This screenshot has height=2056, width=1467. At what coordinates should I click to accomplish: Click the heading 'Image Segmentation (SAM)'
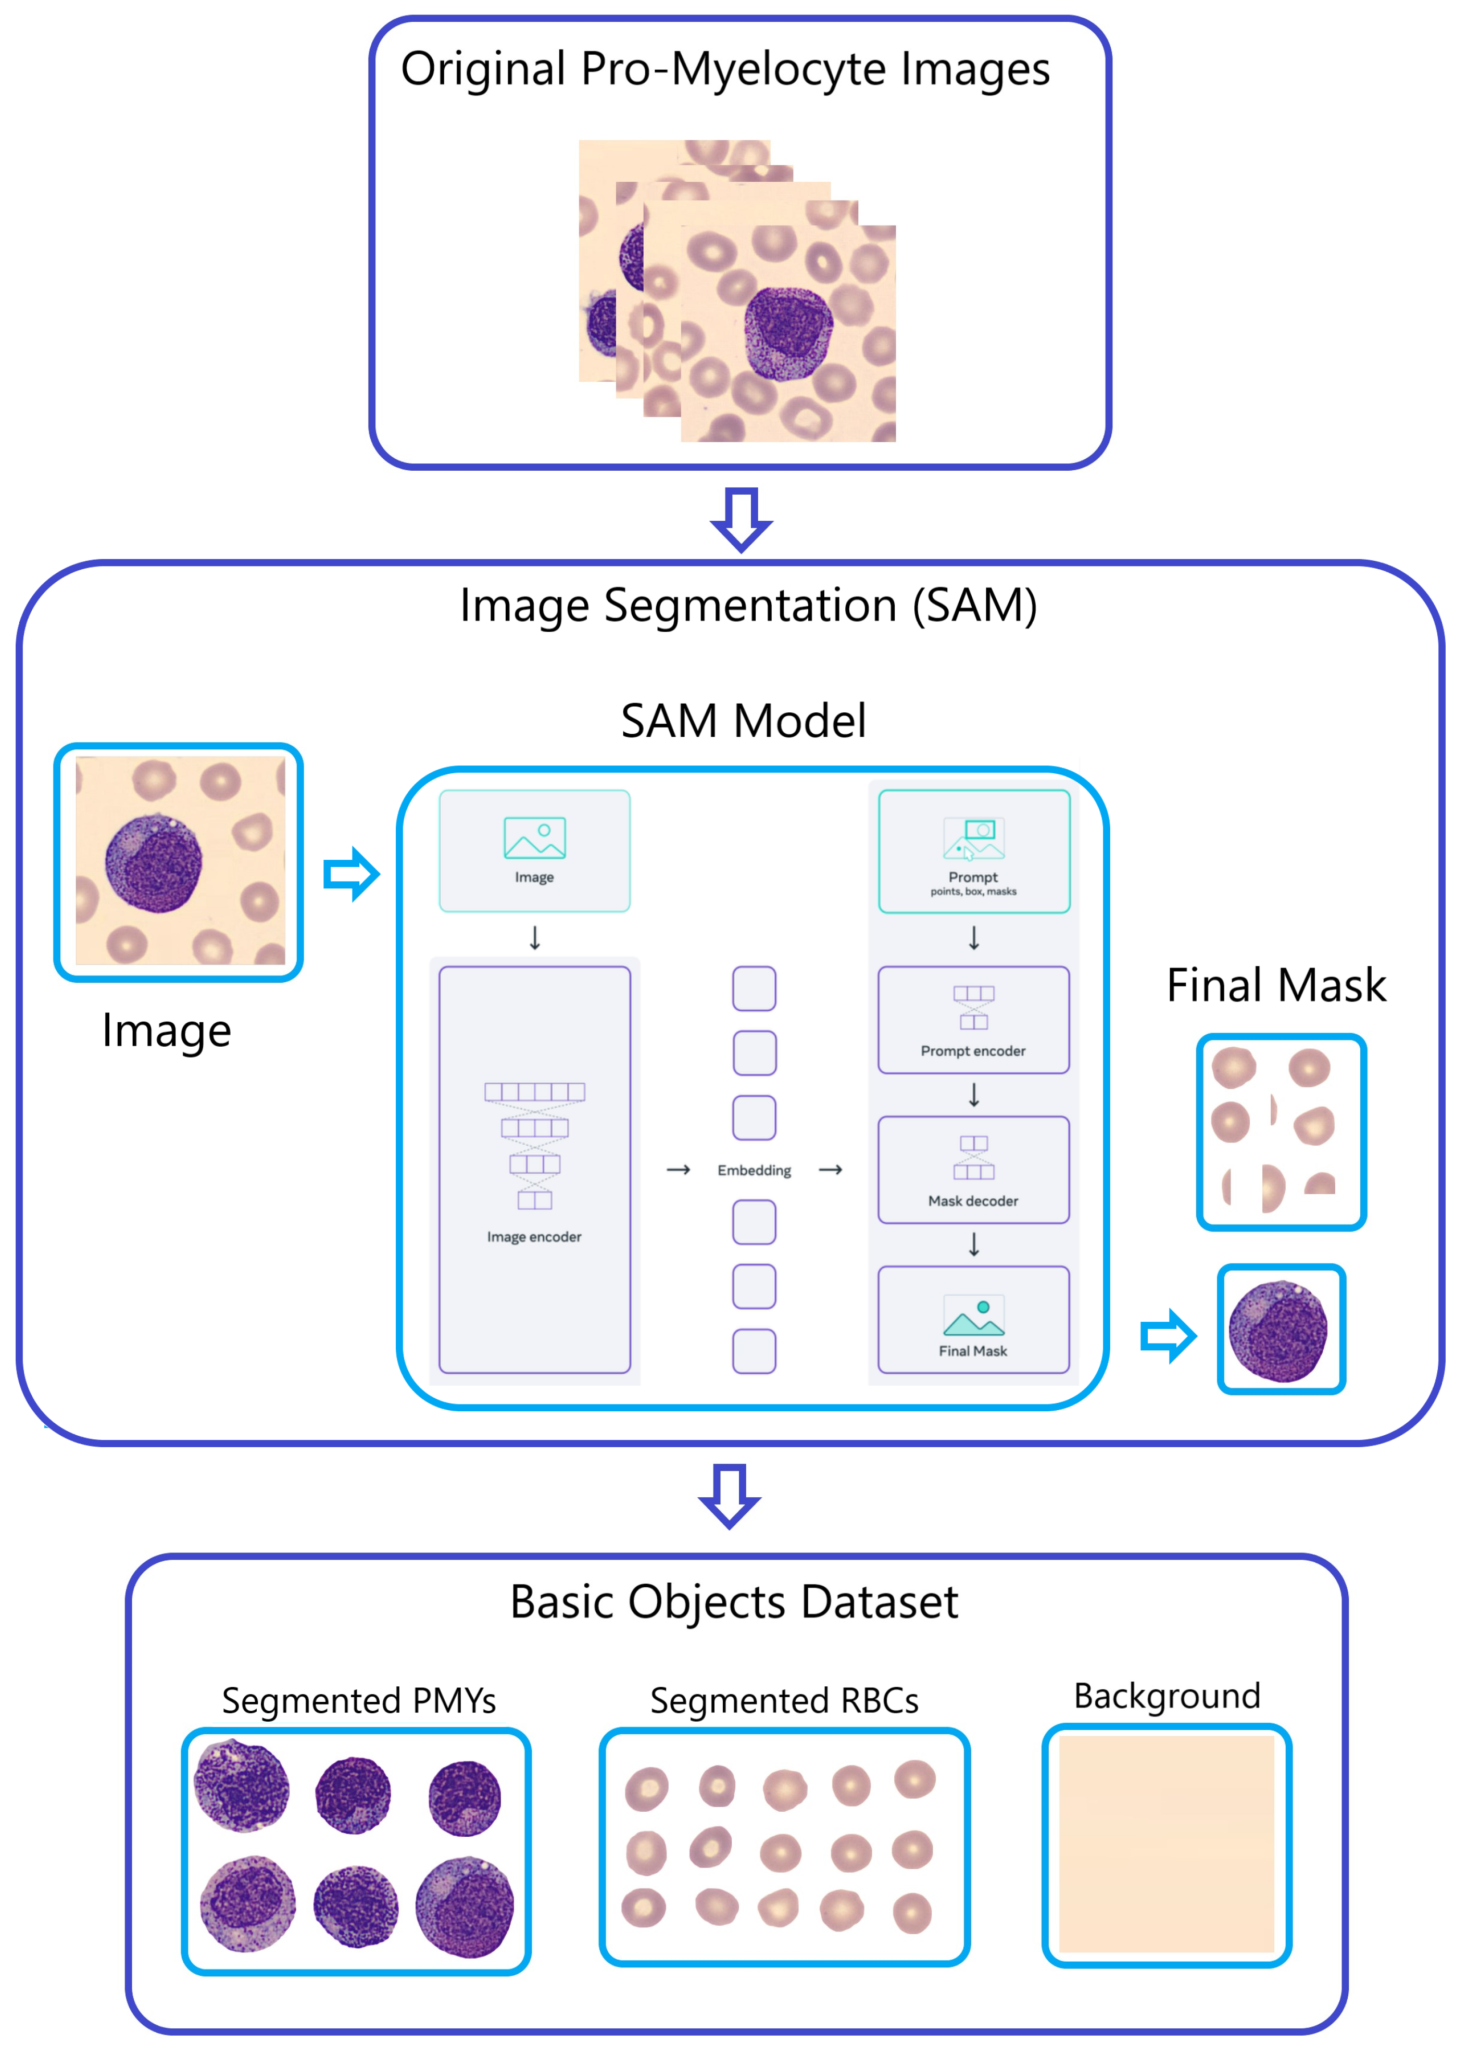pyautogui.click(x=748, y=605)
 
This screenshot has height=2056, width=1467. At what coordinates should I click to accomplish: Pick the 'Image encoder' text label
pyautogui.click(x=534, y=1237)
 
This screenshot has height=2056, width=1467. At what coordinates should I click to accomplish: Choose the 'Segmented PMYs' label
pyautogui.click(x=359, y=1701)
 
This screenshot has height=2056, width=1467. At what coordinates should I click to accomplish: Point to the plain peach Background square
pyautogui.click(x=1166, y=1845)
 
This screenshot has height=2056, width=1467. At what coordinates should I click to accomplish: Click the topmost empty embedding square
pyautogui.click(x=754, y=988)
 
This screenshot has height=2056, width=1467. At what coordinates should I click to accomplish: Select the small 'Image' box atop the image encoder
pyautogui.click(x=534, y=851)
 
